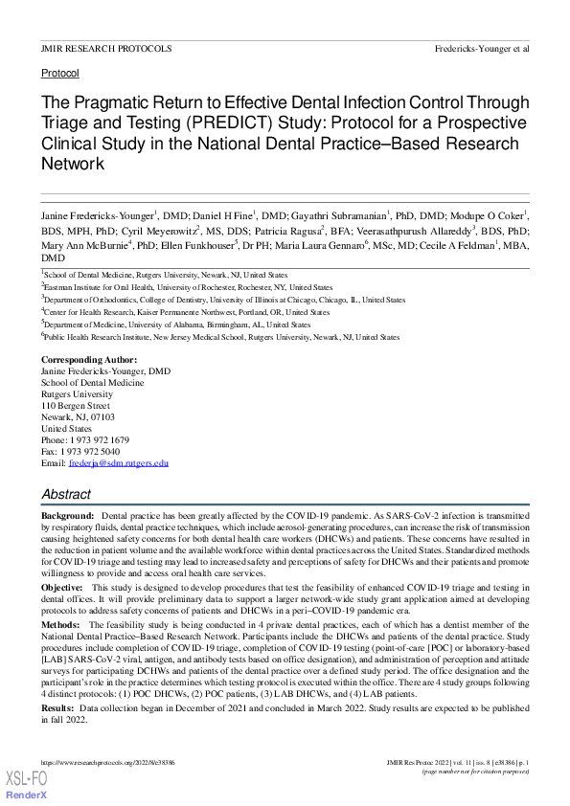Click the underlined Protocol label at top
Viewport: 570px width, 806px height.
60,73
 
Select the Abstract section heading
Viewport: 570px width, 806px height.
66,494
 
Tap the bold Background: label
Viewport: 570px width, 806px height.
67,516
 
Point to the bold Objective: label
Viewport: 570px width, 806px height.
62,586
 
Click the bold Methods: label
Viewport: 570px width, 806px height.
60,622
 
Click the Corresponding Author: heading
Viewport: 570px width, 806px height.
89,359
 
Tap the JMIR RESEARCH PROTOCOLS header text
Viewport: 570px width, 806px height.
106,47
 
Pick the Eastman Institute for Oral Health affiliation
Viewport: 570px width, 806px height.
187,286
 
